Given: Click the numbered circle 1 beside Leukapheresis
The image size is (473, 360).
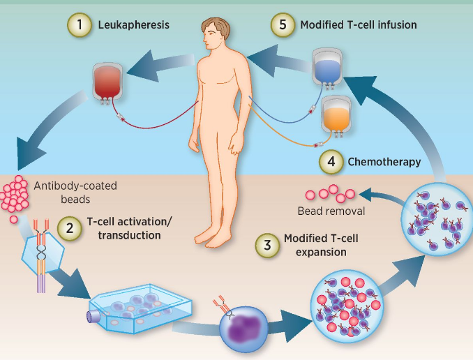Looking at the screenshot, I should [x=80, y=25].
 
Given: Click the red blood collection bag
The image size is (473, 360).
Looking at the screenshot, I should [x=109, y=82].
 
